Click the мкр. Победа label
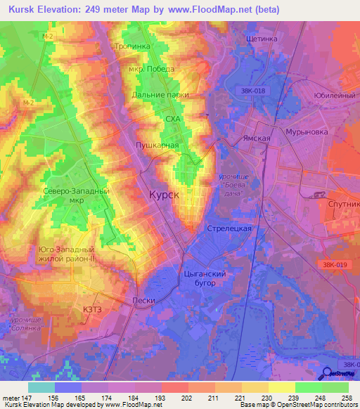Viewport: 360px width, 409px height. click(150, 69)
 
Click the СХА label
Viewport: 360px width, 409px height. click(173, 119)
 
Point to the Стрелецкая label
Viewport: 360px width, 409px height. click(229, 229)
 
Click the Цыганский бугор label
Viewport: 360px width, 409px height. click(204, 278)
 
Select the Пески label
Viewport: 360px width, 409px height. click(143, 299)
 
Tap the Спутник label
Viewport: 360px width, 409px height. click(342, 203)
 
